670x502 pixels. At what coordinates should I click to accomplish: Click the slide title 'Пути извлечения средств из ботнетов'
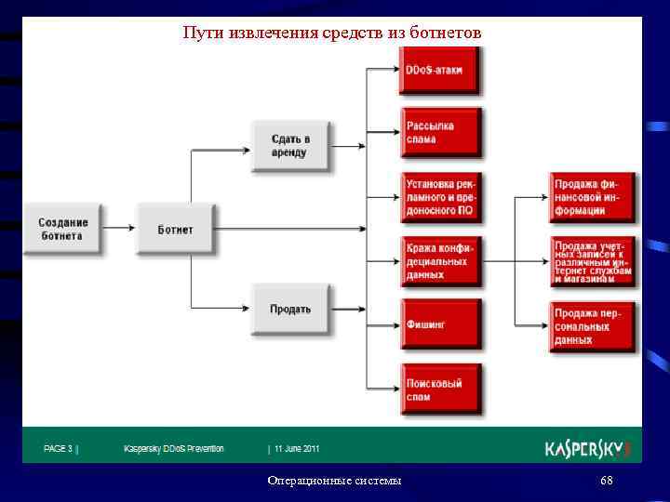tap(332, 33)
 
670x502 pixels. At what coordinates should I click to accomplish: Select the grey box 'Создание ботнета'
tap(63, 229)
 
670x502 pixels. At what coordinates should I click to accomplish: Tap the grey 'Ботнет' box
tap(175, 229)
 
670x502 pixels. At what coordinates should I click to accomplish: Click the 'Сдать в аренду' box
tap(289, 145)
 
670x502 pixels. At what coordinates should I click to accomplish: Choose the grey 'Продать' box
tap(289, 309)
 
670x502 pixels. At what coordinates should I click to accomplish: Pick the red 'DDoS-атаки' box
tap(438, 70)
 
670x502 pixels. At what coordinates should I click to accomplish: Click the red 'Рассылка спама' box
tap(439, 132)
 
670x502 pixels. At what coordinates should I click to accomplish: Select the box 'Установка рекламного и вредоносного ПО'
tap(439, 197)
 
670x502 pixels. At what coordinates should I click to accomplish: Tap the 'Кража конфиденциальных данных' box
tap(439, 261)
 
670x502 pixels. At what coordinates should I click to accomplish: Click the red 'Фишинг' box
tap(439, 324)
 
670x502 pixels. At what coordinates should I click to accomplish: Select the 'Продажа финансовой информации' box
tap(592, 197)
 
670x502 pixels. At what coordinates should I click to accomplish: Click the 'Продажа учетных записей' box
tap(592, 261)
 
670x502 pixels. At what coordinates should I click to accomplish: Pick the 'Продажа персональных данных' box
tap(592, 326)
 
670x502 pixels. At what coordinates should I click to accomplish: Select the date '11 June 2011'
tap(296, 449)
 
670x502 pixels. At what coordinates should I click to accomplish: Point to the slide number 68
tap(607, 481)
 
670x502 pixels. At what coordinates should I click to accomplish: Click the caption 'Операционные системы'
tap(334, 481)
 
